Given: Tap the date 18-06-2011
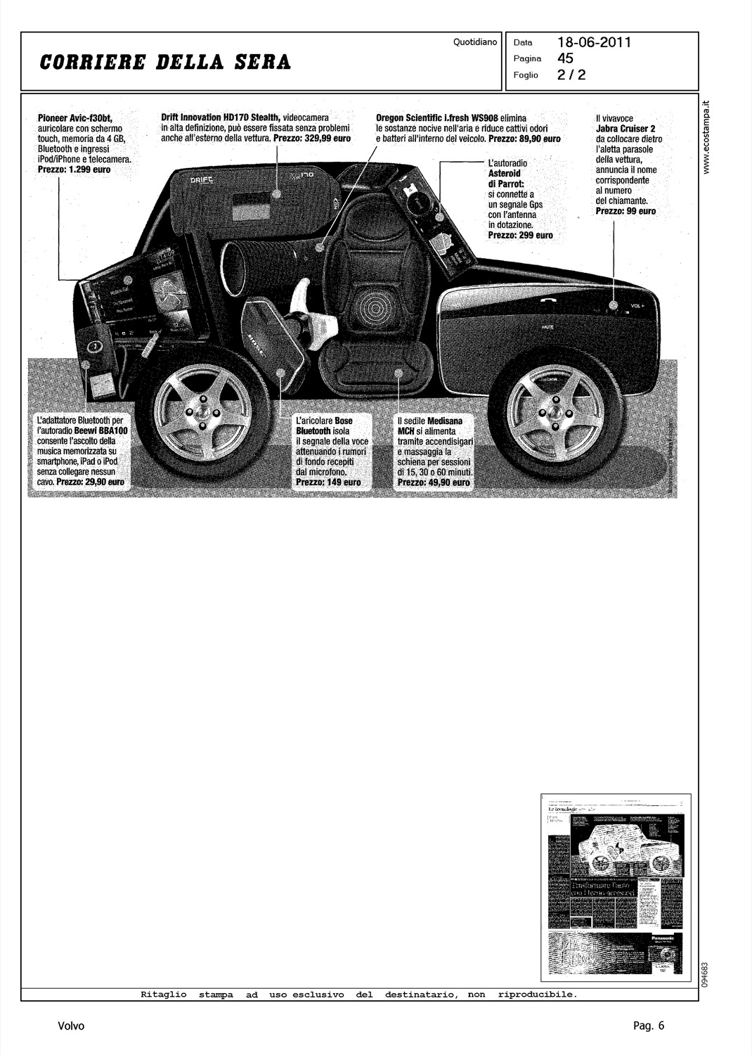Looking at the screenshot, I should [x=595, y=42].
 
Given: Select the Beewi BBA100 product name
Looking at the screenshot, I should [x=98, y=430].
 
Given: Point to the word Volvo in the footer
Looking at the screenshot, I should [x=72, y=1026].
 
